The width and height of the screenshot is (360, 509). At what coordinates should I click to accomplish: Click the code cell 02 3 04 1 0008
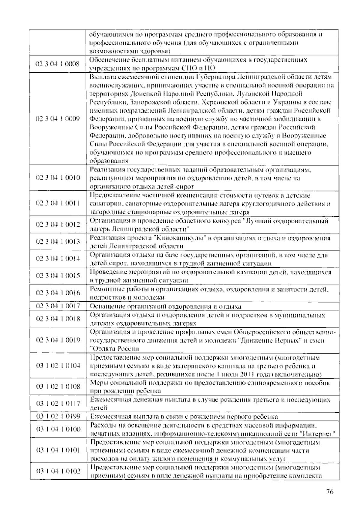[58, 64]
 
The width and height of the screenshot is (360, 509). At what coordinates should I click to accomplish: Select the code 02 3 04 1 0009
[58, 119]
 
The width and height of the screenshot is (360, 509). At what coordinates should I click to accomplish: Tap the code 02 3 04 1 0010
[58, 178]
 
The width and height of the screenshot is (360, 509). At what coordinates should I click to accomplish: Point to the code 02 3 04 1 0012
[58, 224]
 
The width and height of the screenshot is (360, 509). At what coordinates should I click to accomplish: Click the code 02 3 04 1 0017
[58, 306]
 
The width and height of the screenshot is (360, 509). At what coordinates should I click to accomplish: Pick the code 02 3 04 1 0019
[58, 340]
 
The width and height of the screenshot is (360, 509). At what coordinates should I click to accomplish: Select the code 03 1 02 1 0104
[58, 366]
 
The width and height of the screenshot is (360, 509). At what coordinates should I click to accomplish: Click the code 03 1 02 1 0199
[58, 416]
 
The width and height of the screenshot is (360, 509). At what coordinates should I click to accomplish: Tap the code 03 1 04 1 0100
[58, 429]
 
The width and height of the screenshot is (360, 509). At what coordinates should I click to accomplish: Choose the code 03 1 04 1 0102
[58, 471]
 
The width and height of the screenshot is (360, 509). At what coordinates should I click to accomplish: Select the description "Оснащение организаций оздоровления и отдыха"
[166, 306]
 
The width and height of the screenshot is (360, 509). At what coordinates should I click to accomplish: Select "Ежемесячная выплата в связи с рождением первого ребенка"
[184, 417]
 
